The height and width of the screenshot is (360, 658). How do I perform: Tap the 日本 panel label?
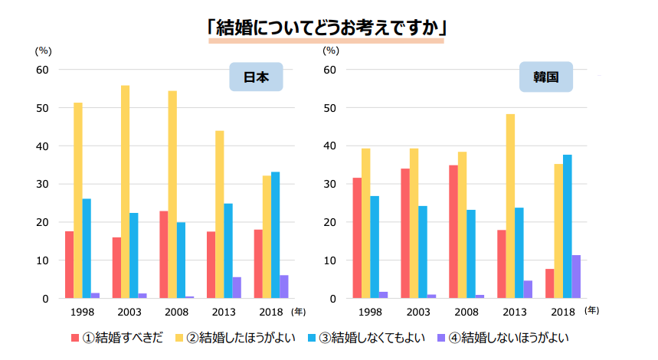pos(256,77)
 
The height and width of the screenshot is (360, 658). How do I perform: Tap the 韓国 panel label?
pos(545,77)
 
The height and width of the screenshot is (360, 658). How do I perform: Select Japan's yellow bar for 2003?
pos(125,191)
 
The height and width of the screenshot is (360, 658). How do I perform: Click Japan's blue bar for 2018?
pos(275,235)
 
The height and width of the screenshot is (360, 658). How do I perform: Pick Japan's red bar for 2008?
pos(164,254)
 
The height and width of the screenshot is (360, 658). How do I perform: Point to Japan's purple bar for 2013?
pos(237,288)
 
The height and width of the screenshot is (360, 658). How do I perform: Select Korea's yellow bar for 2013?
pos(510,206)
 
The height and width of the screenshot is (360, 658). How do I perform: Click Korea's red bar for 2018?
pos(549,283)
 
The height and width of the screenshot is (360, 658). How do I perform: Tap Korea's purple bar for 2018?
pos(576,277)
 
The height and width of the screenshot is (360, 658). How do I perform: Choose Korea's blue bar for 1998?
pos(375,247)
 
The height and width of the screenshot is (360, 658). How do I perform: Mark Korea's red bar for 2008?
pos(453,231)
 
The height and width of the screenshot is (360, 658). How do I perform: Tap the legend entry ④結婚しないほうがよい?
pos(508,337)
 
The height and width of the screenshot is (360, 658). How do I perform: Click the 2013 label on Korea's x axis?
pos(515,313)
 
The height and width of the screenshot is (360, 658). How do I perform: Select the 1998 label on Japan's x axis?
pos(82,313)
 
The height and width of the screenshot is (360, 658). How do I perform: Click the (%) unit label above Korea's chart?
pos(330,51)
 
